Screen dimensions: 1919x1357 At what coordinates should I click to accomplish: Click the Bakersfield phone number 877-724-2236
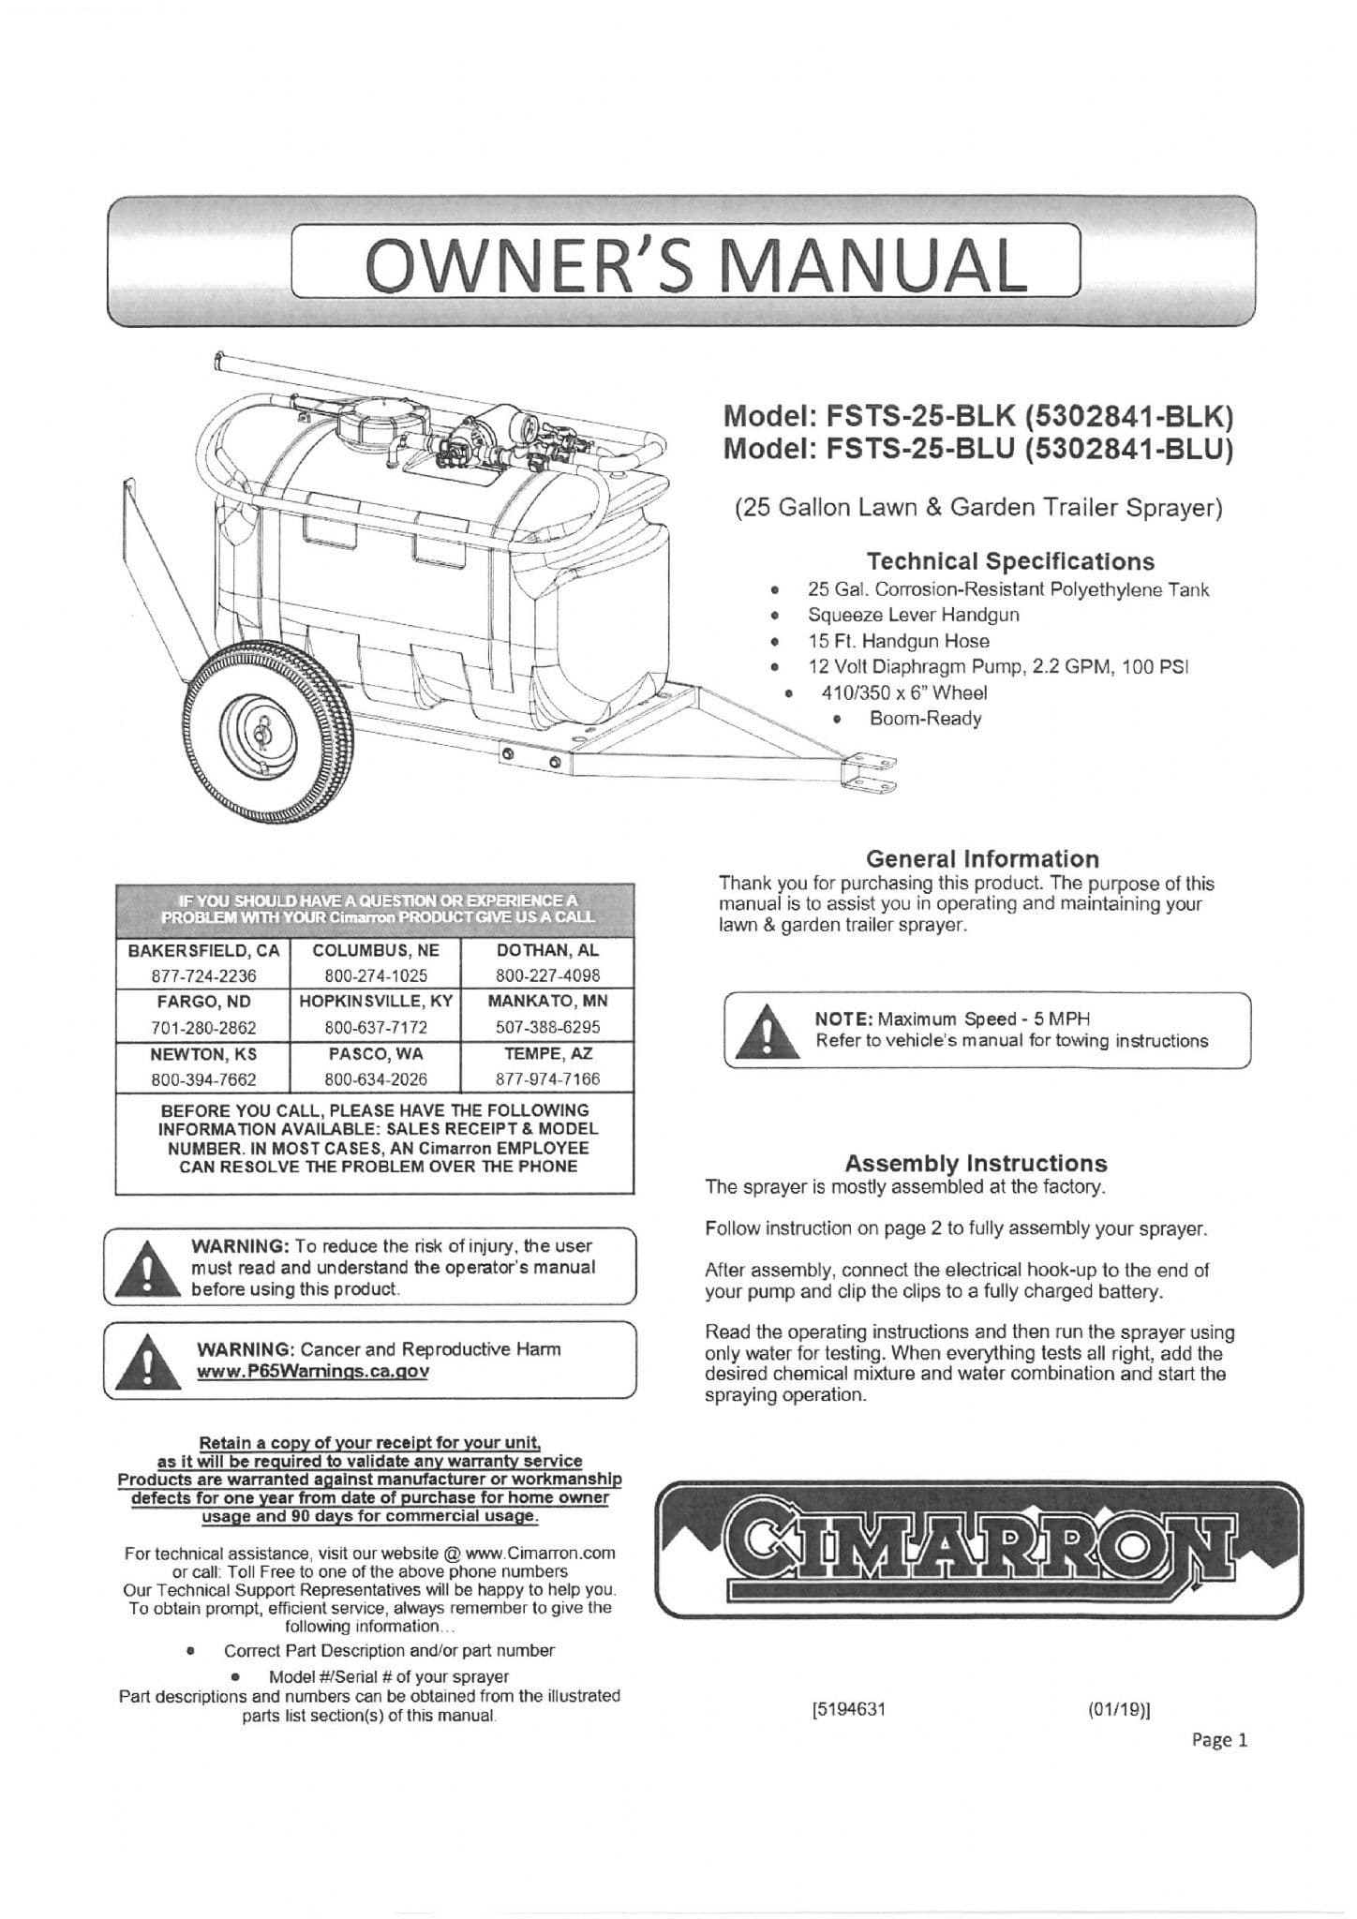tap(203, 974)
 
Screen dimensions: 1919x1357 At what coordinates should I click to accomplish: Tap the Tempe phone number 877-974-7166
tap(547, 1079)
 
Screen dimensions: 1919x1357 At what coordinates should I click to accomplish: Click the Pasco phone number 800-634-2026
tap(376, 1079)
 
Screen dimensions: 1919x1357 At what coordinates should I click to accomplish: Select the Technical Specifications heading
tap(1010, 561)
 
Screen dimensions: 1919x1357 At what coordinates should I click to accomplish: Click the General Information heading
tap(982, 858)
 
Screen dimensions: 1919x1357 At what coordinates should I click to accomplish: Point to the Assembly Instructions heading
tap(976, 1163)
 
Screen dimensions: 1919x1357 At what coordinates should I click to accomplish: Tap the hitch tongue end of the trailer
tap(870, 770)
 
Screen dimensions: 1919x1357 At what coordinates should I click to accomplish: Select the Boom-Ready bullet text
tap(925, 719)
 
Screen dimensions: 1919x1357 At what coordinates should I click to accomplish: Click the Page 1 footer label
tap(1219, 1740)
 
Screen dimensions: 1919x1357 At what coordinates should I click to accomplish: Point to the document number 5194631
tap(848, 1708)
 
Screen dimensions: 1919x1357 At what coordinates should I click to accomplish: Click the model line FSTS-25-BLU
tap(977, 450)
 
